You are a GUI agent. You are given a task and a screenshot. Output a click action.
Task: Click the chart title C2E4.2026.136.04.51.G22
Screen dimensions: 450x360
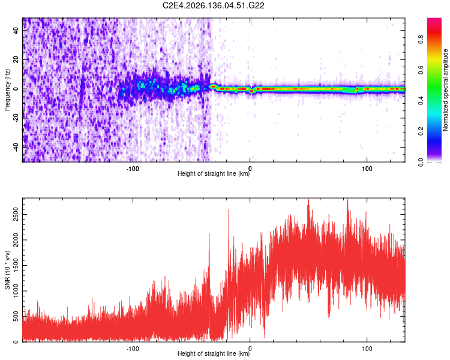(x=213, y=5)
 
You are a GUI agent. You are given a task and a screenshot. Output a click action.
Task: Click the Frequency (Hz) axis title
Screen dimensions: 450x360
(x=7, y=90)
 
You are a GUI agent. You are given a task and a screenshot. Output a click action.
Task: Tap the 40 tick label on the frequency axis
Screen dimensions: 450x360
(x=16, y=30)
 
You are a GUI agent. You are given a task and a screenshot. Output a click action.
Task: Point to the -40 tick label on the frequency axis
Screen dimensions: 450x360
(x=16, y=148)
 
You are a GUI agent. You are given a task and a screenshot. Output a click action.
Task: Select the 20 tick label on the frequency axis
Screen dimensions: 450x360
(x=16, y=59)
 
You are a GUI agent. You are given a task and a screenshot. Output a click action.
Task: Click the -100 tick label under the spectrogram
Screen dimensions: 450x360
(x=133, y=169)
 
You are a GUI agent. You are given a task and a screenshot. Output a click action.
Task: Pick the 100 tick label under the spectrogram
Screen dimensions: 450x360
(x=367, y=169)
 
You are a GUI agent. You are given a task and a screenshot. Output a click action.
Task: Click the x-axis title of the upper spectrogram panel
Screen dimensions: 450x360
(x=214, y=173)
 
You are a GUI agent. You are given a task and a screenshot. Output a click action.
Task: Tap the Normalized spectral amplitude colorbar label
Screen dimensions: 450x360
(x=445, y=90)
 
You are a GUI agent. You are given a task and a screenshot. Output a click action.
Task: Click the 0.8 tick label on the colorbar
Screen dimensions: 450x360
(x=421, y=39)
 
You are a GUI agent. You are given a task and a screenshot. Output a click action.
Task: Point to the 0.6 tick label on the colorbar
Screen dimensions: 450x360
(x=421, y=70)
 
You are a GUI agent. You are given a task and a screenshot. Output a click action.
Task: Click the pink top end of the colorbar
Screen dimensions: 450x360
(x=434, y=19)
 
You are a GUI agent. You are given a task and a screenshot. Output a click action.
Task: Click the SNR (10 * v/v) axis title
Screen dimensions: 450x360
(x=7, y=270)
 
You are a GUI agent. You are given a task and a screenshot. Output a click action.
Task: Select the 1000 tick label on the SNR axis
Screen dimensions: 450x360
(x=16, y=291)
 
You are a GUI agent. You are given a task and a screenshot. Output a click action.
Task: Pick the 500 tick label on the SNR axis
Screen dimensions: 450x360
(x=16, y=316)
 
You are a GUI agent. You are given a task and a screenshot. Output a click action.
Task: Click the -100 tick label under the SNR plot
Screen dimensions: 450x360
(x=133, y=349)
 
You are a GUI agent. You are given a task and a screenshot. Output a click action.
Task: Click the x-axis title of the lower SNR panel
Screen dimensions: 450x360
(x=214, y=353)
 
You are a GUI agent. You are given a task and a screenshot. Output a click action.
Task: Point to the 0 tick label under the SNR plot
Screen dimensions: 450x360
(x=250, y=349)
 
